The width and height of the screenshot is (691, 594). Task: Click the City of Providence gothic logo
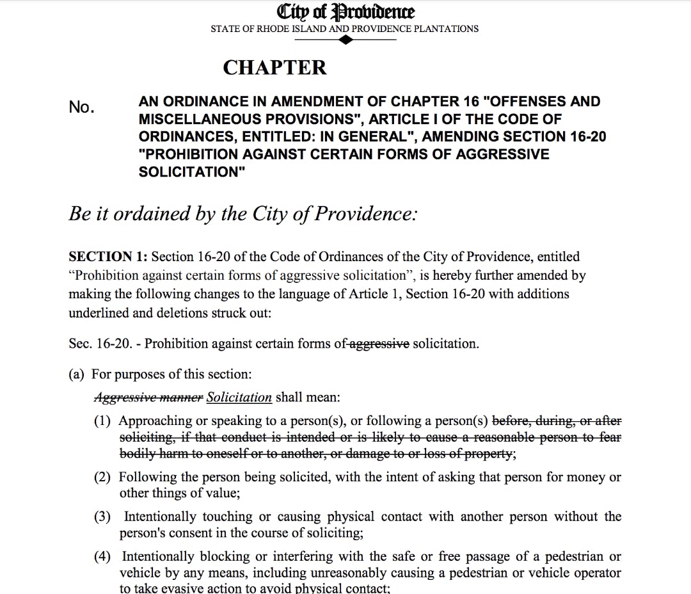click(345, 12)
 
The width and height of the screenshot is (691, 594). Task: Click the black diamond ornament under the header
click(345, 40)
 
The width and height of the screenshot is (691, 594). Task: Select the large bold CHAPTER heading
click(274, 68)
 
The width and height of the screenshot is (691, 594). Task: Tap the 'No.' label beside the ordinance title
click(81, 108)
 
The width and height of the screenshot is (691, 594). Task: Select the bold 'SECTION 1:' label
click(108, 257)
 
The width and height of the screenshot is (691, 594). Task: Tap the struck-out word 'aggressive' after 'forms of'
click(379, 344)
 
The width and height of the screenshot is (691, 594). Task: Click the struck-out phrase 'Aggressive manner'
click(148, 397)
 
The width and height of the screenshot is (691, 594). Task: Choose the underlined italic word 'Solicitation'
click(239, 397)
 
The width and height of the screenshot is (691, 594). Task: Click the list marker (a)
click(76, 374)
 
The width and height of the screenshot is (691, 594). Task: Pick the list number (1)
click(102, 421)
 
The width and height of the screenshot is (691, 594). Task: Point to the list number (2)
click(102, 478)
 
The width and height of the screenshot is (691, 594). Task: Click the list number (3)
click(102, 517)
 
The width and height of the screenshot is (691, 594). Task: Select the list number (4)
click(102, 557)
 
